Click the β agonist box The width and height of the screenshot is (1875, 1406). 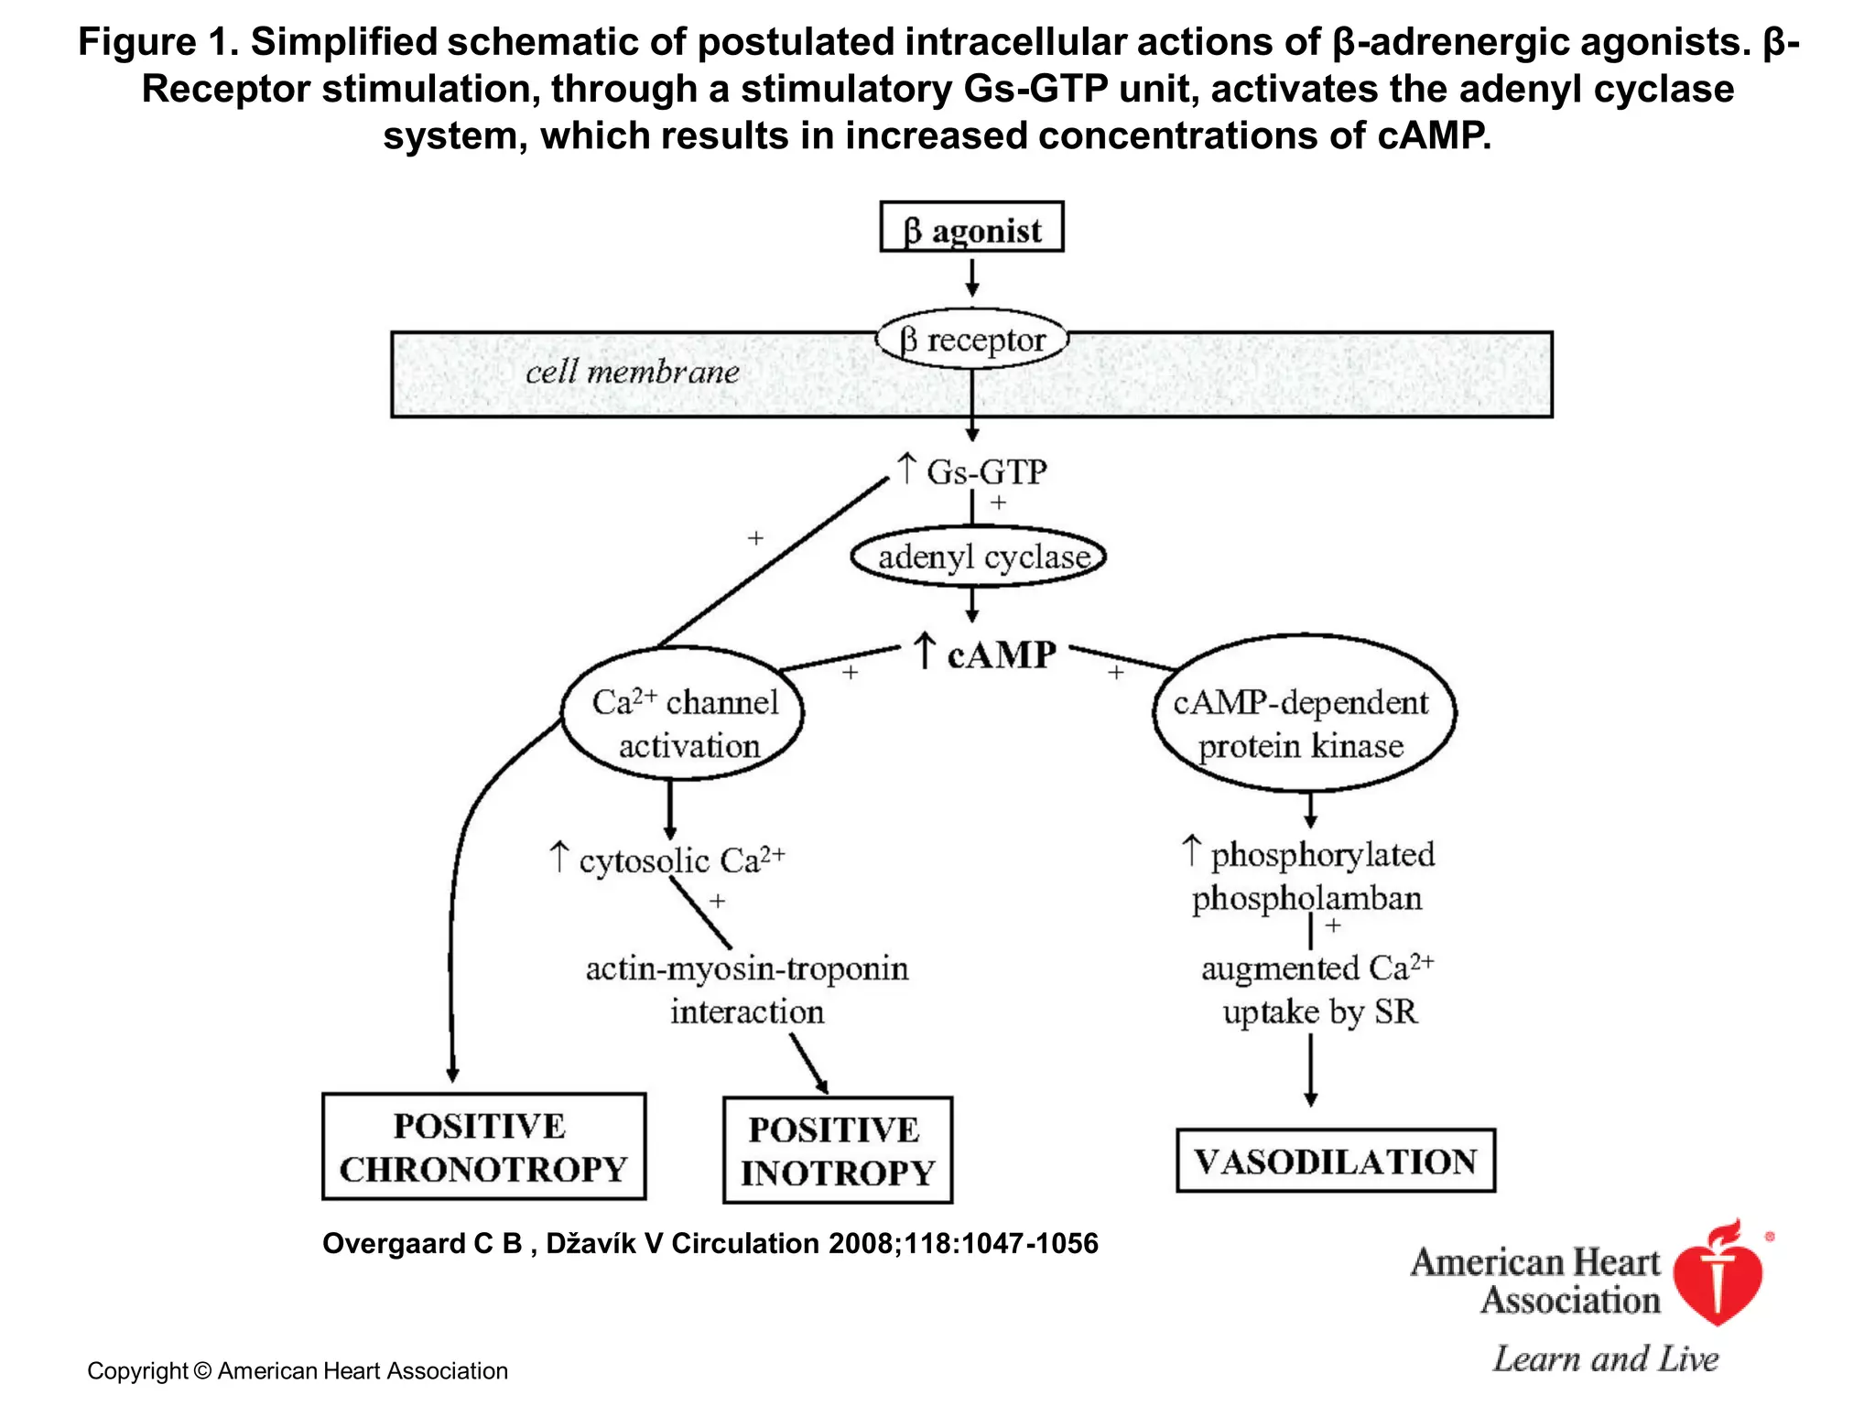[971, 227]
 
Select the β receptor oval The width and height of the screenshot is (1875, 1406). [972, 340]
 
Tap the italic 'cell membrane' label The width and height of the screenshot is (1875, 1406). [632, 373]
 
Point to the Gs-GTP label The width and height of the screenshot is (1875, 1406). [984, 472]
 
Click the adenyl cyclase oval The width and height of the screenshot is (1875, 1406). [979, 557]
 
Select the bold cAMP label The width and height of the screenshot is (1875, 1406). [1000, 654]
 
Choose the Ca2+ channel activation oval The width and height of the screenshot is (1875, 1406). [683, 715]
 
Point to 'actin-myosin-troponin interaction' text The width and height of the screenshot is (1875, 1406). [747, 990]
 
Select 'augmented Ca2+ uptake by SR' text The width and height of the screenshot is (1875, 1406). [1317, 990]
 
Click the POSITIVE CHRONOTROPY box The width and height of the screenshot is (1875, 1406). [483, 1147]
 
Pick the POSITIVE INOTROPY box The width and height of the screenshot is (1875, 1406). [837, 1151]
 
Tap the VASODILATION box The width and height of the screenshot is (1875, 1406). [1335, 1161]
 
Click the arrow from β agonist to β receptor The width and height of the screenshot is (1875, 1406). [972, 278]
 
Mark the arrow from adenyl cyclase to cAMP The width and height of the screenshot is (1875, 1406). [972, 604]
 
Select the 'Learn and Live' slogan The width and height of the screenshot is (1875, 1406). [1606, 1358]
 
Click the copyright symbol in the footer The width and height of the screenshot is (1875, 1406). [202, 1371]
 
